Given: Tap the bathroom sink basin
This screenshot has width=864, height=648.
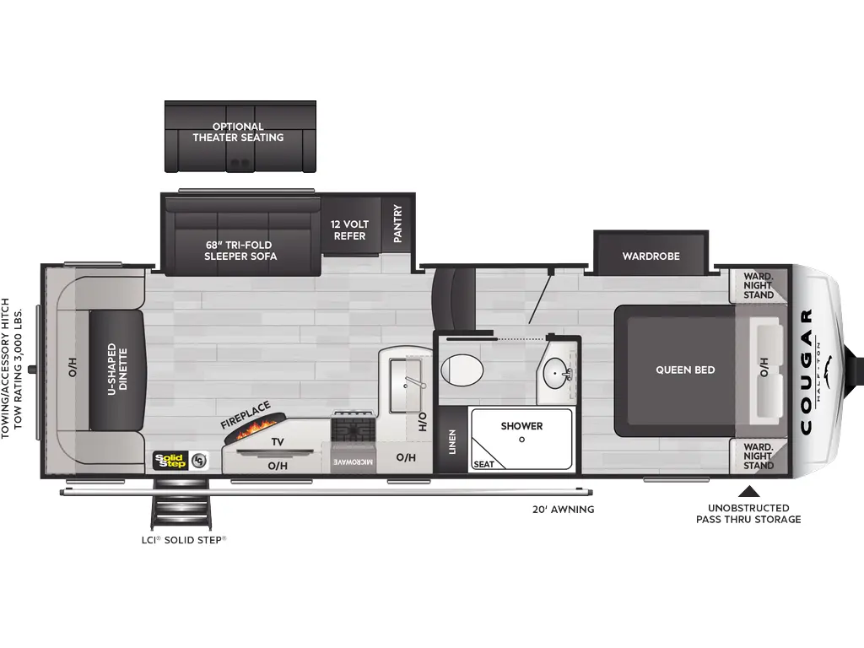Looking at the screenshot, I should [554, 370].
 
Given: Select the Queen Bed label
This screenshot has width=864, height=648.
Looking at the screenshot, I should [685, 370].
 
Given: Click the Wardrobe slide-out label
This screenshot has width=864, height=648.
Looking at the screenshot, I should [651, 256].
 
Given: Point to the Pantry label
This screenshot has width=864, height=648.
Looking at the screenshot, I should [397, 224].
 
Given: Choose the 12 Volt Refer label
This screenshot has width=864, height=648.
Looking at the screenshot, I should [349, 230].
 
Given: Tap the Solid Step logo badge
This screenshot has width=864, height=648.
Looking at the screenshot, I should [170, 460].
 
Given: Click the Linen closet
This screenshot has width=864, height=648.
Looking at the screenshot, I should [451, 441].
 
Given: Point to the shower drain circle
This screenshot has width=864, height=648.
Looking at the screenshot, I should [521, 440].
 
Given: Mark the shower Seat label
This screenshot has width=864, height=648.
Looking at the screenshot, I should [483, 464].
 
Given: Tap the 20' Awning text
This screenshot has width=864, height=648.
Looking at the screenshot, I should [563, 509].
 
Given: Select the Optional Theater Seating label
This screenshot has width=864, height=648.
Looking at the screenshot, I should [238, 132].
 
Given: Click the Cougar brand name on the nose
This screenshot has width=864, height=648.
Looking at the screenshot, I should [806, 371].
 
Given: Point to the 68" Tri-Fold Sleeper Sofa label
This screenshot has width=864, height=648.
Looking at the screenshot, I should [240, 251].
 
